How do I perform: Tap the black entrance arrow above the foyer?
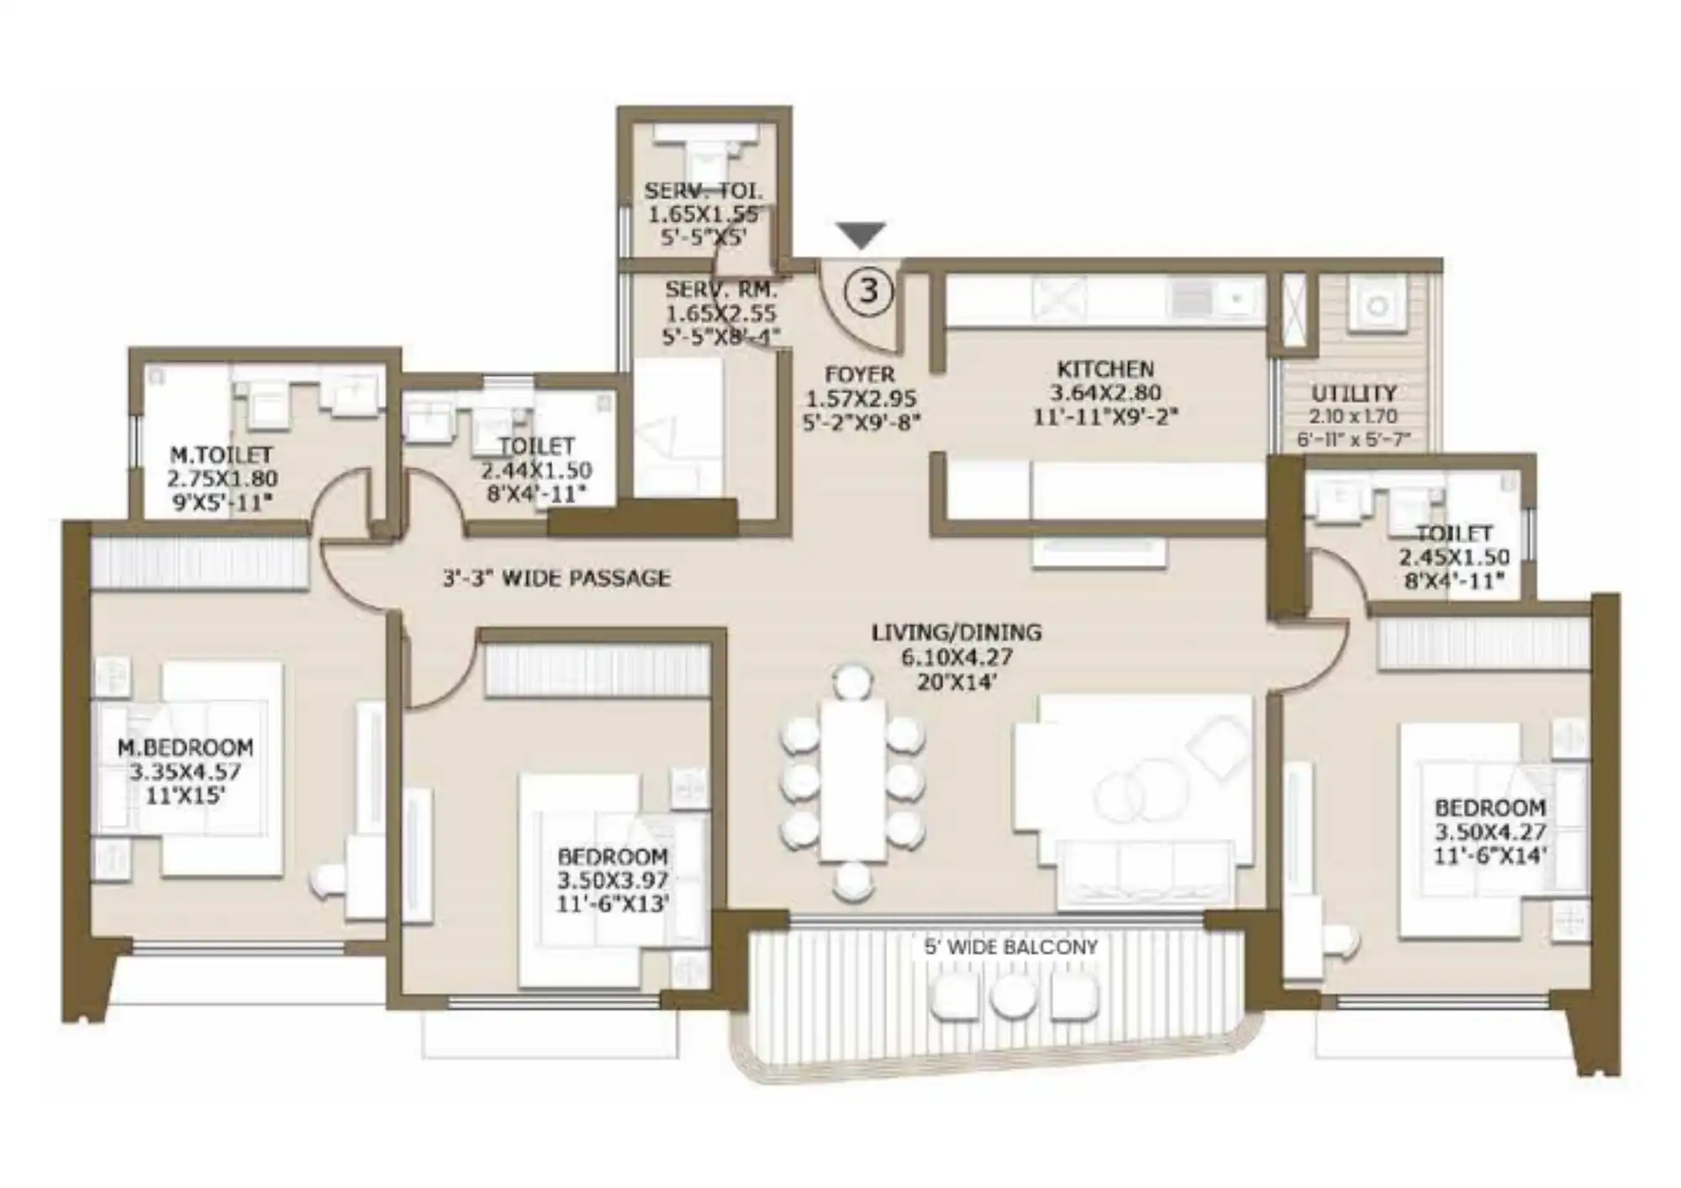pos(862,235)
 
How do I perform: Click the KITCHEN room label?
pos(1105,369)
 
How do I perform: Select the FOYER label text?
pos(860,374)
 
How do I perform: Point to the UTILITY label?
pos(1354,393)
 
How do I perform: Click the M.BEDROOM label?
pos(185,747)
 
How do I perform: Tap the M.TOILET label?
pos(221,455)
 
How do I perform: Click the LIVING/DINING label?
pos(956,632)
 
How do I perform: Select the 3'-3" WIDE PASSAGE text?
pos(556,578)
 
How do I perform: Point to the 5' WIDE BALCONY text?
pos(1011,947)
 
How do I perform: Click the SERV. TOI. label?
pos(703,191)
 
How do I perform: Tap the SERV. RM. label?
pos(721,290)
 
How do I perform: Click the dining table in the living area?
pos(852,780)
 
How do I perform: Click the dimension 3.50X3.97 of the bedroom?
pos(613,880)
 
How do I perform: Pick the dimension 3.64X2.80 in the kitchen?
pos(1106,392)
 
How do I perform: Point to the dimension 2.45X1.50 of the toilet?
pos(1454,557)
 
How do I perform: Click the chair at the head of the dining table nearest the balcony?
pos(853,883)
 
